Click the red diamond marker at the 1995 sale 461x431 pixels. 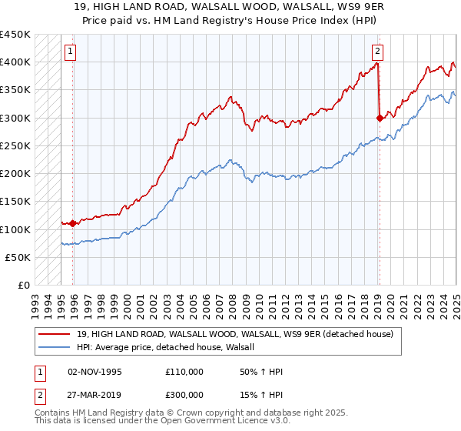pos(73,223)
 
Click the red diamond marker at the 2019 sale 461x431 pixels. pos(380,118)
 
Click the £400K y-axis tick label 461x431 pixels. pos(15,62)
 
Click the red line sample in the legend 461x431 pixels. pos(55,333)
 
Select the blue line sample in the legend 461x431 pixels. pos(55,347)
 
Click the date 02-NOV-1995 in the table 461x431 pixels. pos(95,372)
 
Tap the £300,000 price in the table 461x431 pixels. pos(184,393)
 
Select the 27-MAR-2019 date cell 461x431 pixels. pos(95,393)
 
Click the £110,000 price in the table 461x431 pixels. pos(184,372)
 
